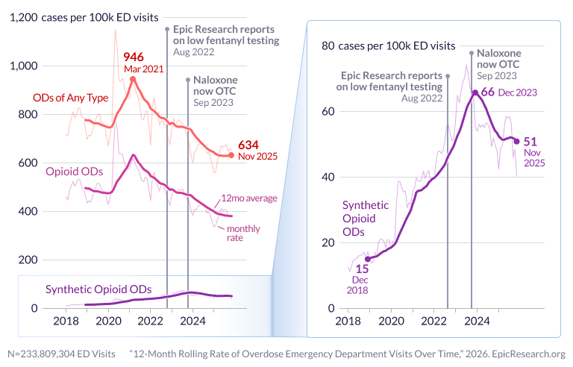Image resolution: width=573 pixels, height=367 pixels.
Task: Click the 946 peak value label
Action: [133, 57]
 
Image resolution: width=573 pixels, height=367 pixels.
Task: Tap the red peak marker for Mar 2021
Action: [133, 79]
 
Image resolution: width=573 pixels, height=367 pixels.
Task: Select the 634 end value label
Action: [248, 145]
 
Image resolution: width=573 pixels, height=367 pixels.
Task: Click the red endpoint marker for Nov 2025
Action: [231, 155]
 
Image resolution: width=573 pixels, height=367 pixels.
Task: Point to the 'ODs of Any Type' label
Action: [71, 98]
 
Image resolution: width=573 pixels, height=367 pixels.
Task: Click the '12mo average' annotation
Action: [248, 198]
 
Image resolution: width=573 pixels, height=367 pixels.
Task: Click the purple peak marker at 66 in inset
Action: [475, 92]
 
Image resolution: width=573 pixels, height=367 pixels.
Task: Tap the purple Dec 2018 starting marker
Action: [367, 259]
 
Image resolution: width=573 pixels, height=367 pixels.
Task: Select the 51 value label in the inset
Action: [530, 140]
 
